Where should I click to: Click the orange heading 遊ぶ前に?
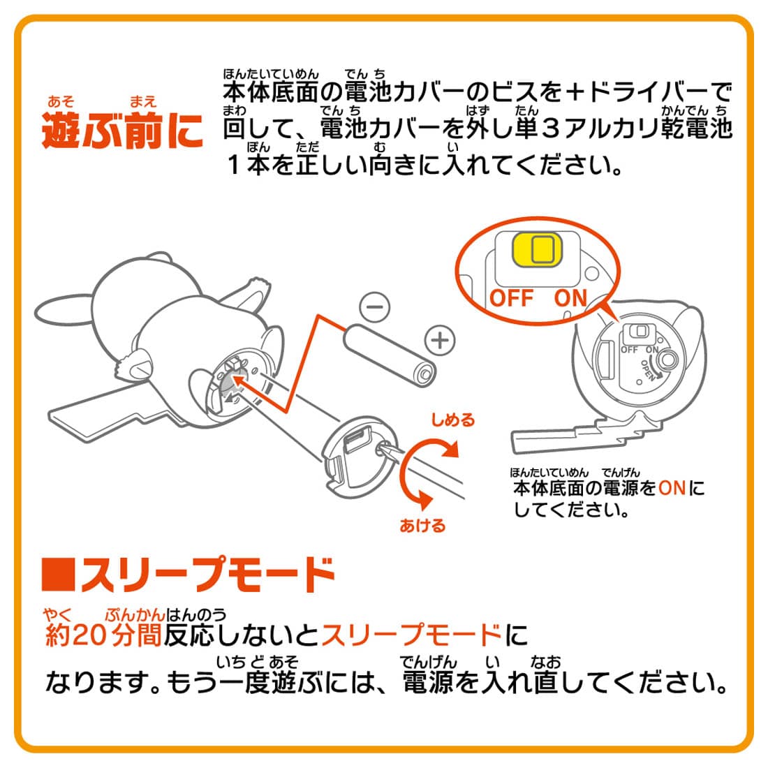123,131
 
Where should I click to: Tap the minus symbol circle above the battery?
374,307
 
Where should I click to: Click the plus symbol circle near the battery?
439,341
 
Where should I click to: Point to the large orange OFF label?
511,298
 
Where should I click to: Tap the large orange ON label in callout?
570,298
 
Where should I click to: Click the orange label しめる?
452,420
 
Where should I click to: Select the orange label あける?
422,525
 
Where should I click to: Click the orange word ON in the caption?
672,487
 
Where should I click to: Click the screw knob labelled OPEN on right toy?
668,361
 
